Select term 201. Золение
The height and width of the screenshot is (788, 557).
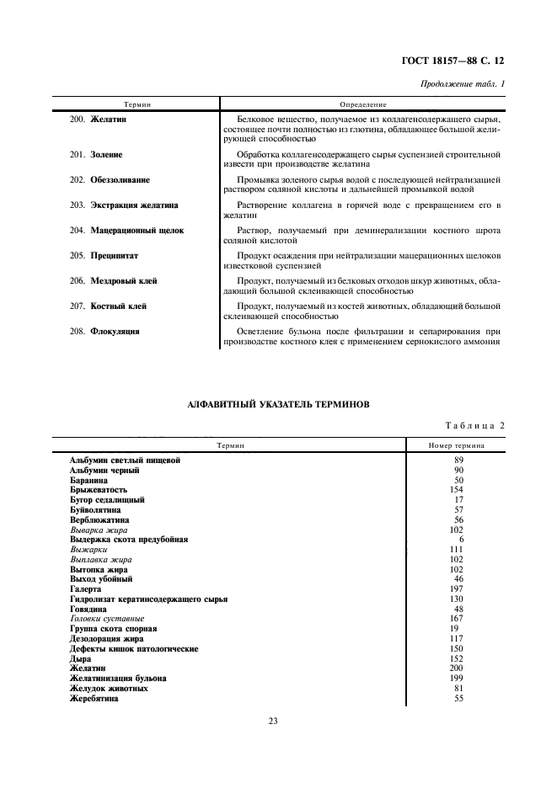pos(96,155)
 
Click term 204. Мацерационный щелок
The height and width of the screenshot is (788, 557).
pos(126,230)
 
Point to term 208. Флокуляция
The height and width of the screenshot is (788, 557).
pos(104,331)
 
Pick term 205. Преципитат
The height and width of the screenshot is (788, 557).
pos(105,255)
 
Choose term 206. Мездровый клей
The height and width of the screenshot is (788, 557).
pos(113,280)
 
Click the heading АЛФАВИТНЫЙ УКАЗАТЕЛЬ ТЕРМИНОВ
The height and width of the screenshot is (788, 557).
pos(278,405)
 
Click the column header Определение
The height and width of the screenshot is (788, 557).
pos(362,104)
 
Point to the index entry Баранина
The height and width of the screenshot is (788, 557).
pos(94,480)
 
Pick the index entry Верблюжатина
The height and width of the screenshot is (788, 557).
pos(99,519)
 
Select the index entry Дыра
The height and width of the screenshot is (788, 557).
pos(81,659)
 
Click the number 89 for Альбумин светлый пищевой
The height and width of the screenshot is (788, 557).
pos(459,461)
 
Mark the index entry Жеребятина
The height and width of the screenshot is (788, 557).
pos(94,699)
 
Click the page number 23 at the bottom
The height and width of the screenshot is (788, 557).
pos(273,721)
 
